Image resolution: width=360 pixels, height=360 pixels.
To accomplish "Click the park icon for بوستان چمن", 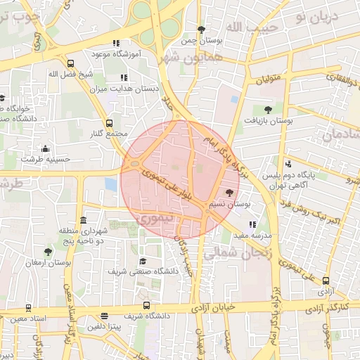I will pos(201,30).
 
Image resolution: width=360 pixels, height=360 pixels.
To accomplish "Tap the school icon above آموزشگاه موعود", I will pos(116,42).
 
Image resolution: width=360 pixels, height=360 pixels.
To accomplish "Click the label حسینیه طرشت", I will pos(46,160).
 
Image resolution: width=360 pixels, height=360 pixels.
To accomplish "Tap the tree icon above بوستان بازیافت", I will pos(268,109).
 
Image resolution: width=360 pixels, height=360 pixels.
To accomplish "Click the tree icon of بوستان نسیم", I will pos(230,192).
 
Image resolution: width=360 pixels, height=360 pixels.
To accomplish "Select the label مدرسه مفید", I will pos(257,236).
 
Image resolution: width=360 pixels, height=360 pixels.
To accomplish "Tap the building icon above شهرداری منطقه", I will pos(84,220).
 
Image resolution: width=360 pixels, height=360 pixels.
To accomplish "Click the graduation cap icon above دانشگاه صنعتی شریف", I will pos(143,261).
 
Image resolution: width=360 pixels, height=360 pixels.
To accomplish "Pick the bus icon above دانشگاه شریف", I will pos(146,305).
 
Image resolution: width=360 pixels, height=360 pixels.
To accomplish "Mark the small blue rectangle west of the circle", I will pos(110,184).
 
